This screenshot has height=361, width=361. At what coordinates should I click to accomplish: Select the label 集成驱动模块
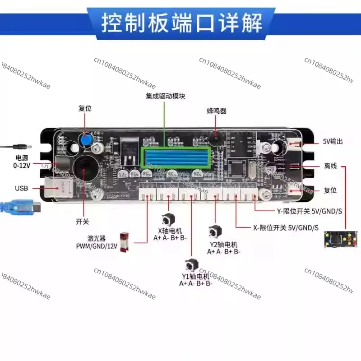[x=166, y=96]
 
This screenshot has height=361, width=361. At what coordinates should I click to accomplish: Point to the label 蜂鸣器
[x=216, y=111]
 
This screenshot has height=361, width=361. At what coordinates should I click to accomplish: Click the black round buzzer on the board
[x=216, y=135]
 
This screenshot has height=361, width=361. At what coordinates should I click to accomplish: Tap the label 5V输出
[x=333, y=141]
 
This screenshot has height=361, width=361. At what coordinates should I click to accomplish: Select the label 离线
[x=330, y=166]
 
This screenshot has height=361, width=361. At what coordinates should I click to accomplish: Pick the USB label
[x=22, y=188]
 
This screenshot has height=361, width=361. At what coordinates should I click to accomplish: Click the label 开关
[x=83, y=222]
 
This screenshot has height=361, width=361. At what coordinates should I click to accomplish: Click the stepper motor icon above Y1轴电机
[x=189, y=265]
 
